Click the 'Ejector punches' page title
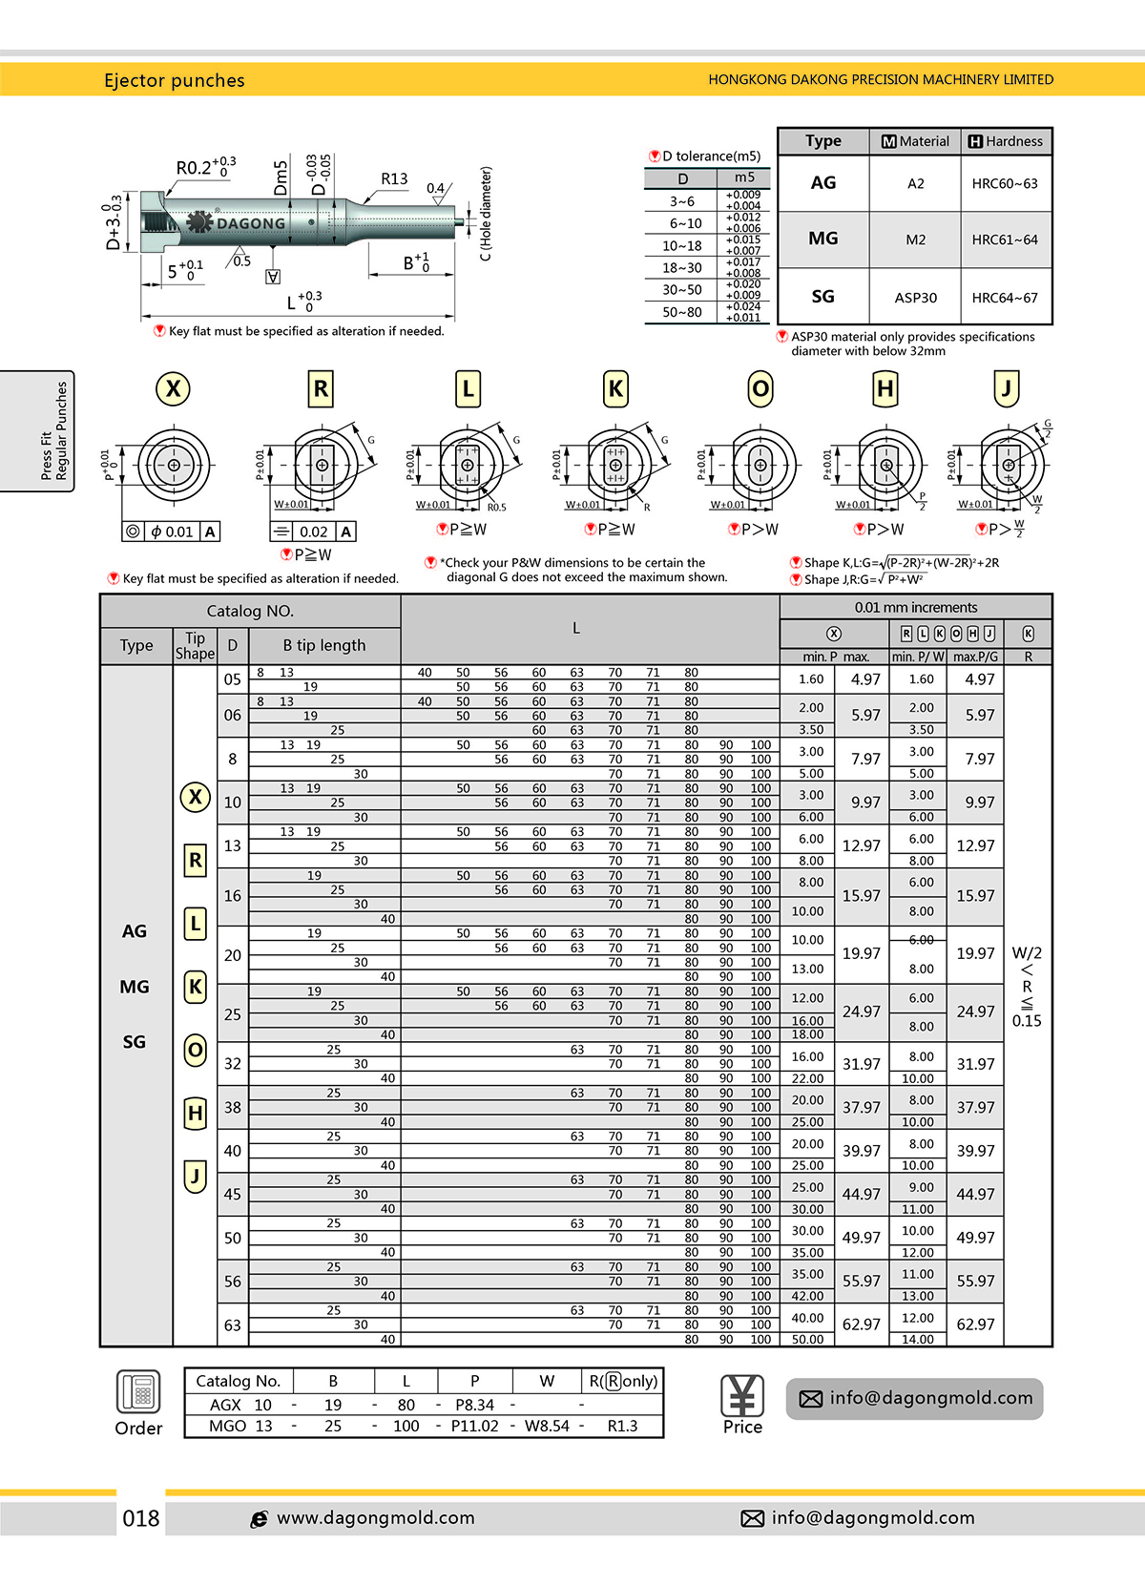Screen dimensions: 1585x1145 coord(174,80)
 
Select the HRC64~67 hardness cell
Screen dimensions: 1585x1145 coord(1005,298)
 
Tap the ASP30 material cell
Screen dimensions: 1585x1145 coord(915,298)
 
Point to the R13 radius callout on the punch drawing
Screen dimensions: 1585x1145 coord(394,179)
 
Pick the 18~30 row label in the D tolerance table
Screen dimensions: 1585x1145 coord(681,268)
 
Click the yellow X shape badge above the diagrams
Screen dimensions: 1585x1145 coord(173,389)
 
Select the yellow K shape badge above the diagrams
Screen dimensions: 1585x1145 coord(615,389)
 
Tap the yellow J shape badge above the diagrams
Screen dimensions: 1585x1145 coord(1006,388)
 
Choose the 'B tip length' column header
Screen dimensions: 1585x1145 coord(323,646)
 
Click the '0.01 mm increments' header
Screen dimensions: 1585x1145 coord(915,608)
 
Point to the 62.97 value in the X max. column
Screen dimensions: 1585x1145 coord(861,1324)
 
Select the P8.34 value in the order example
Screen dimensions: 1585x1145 coord(474,1405)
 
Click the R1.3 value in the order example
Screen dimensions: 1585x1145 coord(622,1426)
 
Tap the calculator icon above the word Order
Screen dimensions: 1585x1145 coord(138,1391)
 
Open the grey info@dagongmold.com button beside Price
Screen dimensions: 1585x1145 coord(914,1399)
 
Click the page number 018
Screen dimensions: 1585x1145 coord(141,1518)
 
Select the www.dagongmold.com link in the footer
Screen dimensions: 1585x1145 coord(375,1518)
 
